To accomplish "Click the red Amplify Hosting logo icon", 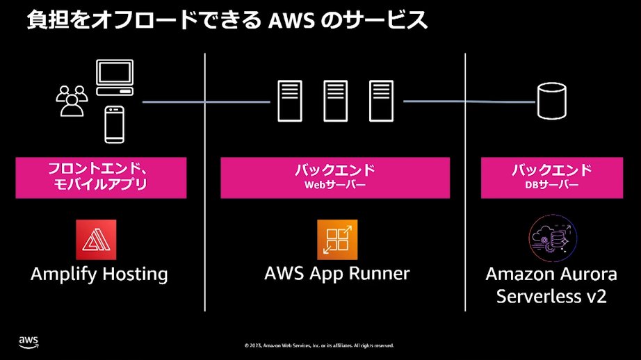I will tap(96, 240).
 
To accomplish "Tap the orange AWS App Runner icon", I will tap(337, 240).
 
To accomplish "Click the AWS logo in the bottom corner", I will tap(28, 341).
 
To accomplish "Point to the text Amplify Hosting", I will tap(99, 275).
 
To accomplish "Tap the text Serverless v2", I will tap(551, 296).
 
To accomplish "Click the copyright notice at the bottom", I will tap(319, 345).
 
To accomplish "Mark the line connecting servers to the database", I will tap(469, 101).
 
